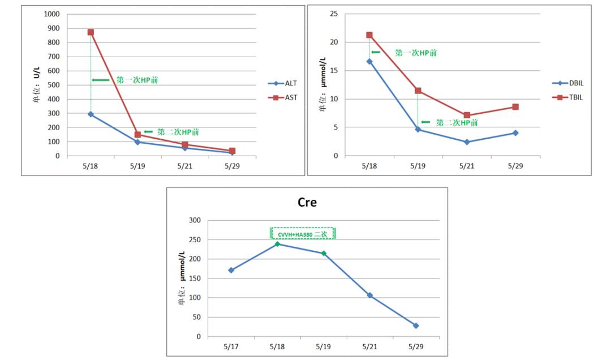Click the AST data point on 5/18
(x=91, y=32)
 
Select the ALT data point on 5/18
(x=91, y=114)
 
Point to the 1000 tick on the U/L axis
(x=53, y=14)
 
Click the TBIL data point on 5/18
(x=369, y=35)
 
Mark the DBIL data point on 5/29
(x=515, y=133)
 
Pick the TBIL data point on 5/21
(x=467, y=115)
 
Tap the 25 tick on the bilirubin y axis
(x=334, y=14)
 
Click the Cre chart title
(x=307, y=202)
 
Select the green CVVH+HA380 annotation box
(x=303, y=233)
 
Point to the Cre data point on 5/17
(x=231, y=270)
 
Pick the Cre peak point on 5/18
(x=277, y=244)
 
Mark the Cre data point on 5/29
(x=416, y=325)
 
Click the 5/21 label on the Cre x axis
(x=369, y=345)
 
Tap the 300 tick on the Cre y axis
(x=194, y=220)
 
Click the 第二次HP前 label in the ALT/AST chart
(x=178, y=132)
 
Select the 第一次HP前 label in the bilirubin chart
(x=416, y=53)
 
